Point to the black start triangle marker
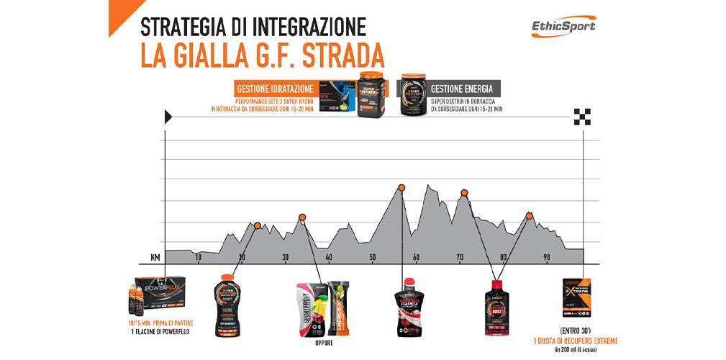click(168, 115)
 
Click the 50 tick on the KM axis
click(373, 258)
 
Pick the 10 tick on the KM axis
click(198, 258)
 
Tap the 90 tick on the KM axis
click(547, 258)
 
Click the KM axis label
click(155, 257)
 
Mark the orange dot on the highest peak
click(401, 189)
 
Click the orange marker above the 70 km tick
click(464, 192)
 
